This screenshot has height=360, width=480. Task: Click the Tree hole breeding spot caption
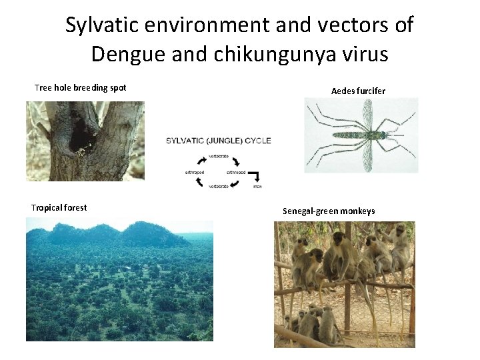pos(81,88)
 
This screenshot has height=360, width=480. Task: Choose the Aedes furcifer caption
pos(359,90)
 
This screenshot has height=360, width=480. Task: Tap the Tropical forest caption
pos(59,207)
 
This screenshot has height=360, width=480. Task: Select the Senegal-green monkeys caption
pos(329,211)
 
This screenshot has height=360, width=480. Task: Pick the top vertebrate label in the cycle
pos(219,155)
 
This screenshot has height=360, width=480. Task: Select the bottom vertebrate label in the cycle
pos(219,187)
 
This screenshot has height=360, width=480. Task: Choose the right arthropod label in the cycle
pos(236,171)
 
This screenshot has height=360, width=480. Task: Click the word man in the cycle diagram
pos(257,187)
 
